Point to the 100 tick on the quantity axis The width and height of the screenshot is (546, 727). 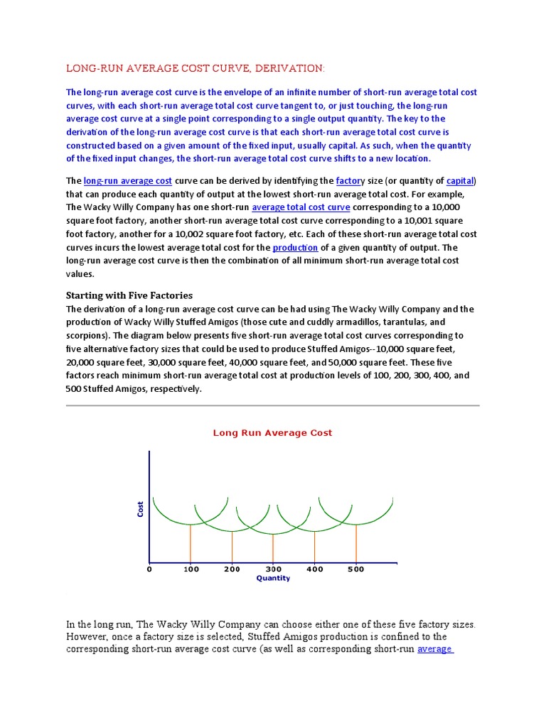[191, 569]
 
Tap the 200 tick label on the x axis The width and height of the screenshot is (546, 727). [232, 569]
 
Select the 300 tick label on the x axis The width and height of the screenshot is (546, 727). [273, 569]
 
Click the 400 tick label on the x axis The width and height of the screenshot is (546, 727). [314, 569]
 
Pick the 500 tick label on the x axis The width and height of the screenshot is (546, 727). [355, 569]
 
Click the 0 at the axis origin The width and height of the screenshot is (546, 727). [149, 569]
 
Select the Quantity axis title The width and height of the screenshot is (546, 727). [273, 579]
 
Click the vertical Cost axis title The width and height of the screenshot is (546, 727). [140, 508]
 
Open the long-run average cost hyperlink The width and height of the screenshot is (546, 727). [128, 181]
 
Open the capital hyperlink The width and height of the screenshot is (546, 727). [459, 181]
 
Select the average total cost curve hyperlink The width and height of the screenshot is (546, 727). [301, 207]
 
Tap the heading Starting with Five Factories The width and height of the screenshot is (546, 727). [129, 295]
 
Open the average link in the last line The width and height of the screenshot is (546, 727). [435, 649]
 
